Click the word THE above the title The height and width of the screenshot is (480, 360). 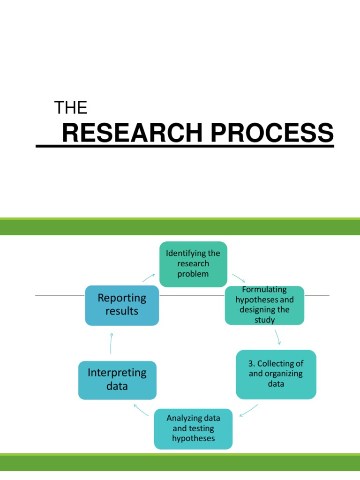tap(71, 108)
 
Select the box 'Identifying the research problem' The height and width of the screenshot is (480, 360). tap(193, 263)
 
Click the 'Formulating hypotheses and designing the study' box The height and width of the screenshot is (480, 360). tap(264, 305)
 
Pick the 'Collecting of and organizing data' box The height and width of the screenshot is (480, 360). tap(276, 374)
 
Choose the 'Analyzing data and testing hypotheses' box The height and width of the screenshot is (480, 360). tap(193, 428)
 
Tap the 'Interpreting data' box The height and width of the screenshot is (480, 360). tap(117, 380)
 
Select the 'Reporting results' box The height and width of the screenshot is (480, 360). tap(122, 305)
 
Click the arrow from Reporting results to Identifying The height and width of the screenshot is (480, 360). tap(150, 277)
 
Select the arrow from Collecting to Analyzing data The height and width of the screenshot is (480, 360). tap(248, 410)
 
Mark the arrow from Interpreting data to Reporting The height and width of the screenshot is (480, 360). tap(111, 343)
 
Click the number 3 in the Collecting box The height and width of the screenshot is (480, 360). tap(251, 364)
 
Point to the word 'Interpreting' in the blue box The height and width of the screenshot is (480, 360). tap(117, 373)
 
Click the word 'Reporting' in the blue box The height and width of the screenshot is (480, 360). tap(122, 298)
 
